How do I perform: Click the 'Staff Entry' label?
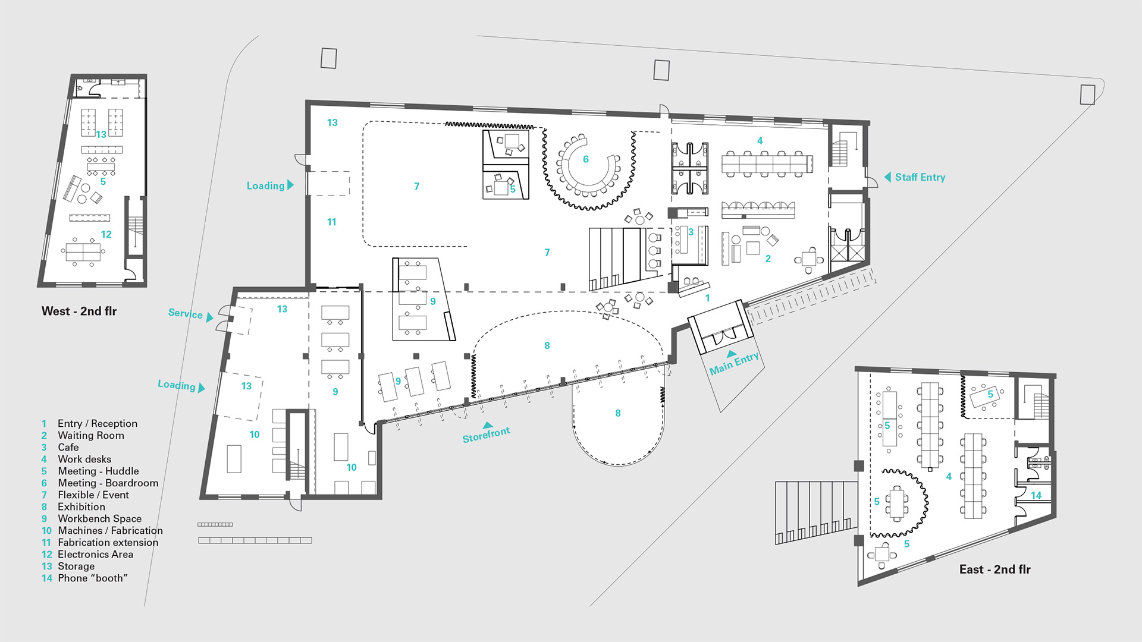920,177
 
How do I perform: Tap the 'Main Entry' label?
734,363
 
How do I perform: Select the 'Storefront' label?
487,435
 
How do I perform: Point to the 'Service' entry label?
185,313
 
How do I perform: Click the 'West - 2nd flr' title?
79,311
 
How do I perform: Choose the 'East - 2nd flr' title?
995,569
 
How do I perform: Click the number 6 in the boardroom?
586,159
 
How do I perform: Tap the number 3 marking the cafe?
691,232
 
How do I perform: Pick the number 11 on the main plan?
331,222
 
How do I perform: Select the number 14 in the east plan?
1036,495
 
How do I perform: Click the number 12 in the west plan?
106,234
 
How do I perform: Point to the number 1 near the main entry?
707,298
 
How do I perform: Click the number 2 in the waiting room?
768,259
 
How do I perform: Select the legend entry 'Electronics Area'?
95,554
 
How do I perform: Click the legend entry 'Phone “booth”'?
93,578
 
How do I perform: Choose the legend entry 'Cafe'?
68,447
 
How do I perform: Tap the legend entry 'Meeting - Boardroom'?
108,483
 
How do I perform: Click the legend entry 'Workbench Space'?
99,518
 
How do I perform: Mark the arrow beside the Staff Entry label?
887,177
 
